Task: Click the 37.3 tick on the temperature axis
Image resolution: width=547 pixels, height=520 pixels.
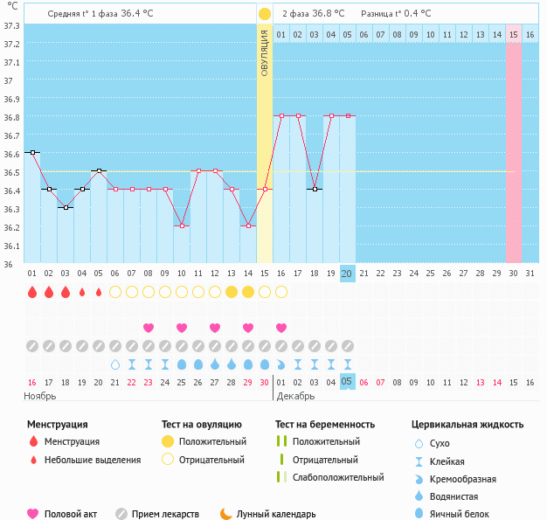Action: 10,25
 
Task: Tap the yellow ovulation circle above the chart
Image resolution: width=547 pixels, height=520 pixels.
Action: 264,14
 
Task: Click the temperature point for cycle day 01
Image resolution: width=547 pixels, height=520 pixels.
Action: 32,152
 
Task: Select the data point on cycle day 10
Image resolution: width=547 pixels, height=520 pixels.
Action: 182,225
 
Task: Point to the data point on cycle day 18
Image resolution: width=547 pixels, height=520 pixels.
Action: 315,189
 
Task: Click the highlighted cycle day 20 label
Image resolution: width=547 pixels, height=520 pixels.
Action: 347,274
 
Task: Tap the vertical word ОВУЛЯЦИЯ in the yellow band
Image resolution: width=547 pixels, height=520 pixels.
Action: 264,52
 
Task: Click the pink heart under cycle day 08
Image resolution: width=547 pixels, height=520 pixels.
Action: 149,328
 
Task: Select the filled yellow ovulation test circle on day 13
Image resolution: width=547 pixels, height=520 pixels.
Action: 232,292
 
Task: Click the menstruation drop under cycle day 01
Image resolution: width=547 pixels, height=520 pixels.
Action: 32,292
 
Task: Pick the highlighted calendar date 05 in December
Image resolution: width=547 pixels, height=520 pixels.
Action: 347,382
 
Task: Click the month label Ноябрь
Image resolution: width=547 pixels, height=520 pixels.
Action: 41,396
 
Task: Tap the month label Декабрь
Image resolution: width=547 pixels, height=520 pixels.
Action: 296,396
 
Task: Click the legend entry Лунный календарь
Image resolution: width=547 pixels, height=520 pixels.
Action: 275,514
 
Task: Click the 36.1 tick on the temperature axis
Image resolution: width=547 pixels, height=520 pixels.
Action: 10,246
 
